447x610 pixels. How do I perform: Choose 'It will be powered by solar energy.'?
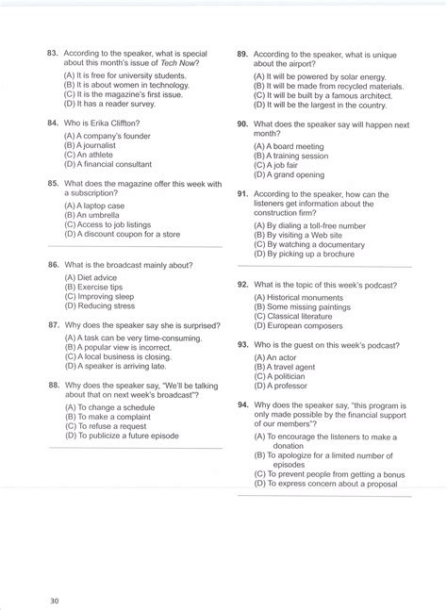321,77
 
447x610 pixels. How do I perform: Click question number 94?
242,404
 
